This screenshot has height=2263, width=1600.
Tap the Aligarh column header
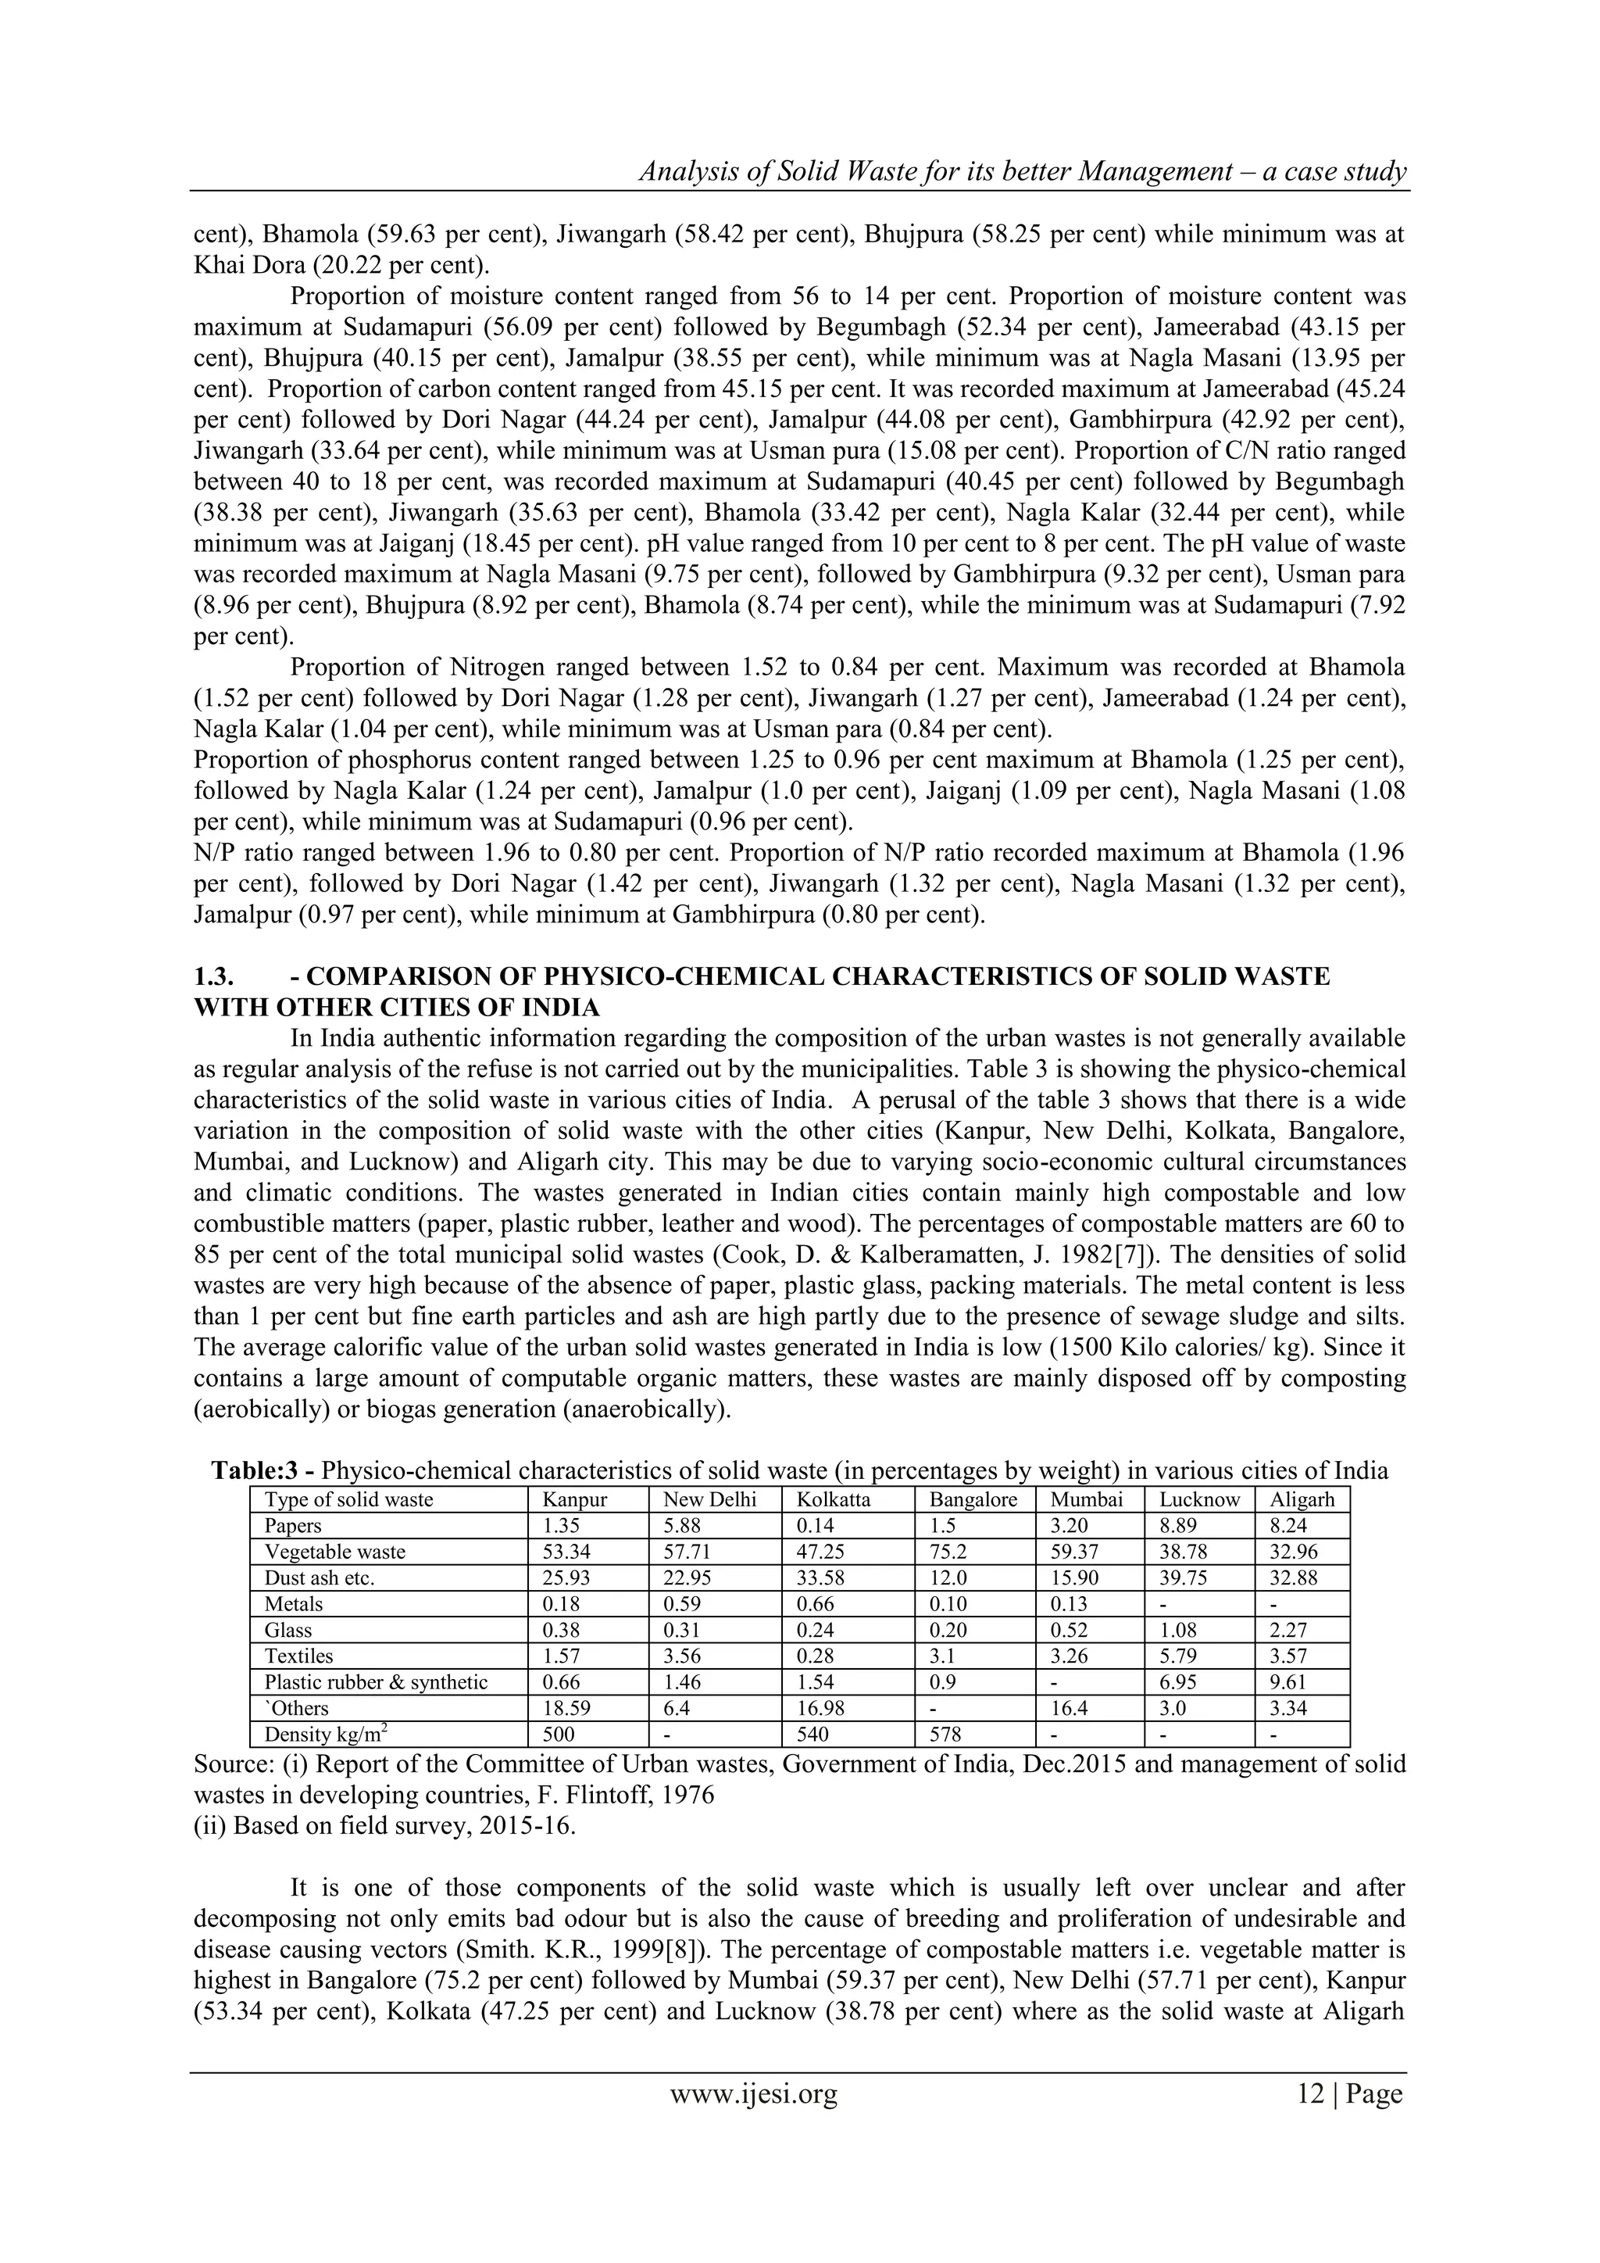point(1302,1499)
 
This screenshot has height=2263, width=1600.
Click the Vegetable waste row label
point(334,1552)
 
